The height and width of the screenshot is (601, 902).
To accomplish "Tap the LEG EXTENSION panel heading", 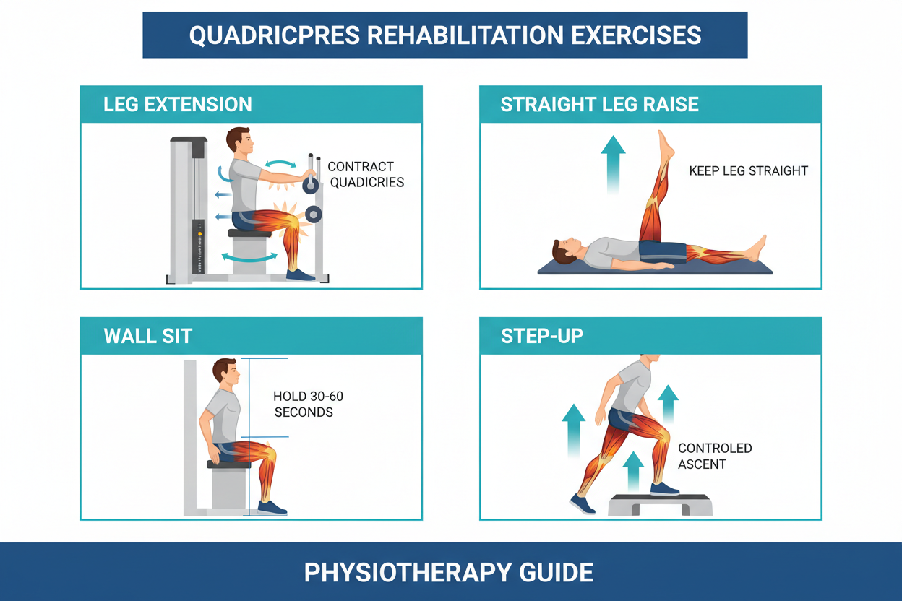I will click(177, 104).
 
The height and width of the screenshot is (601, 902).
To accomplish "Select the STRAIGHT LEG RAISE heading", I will click(599, 104).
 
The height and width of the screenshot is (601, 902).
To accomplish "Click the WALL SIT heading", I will click(147, 336).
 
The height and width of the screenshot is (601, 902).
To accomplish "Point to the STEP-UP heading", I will click(541, 336).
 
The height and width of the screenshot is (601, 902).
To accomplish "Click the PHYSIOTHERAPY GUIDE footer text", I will click(449, 573).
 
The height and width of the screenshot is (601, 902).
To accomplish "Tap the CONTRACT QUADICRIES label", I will click(365, 175).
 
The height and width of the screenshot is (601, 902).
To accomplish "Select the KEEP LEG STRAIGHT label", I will click(748, 171).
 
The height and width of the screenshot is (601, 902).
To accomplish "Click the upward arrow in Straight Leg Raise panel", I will click(613, 163).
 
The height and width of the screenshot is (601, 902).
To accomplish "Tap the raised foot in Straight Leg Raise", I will click(665, 144).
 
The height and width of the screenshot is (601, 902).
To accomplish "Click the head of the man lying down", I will click(564, 251).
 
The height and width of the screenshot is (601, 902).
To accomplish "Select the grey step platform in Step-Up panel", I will click(660, 503).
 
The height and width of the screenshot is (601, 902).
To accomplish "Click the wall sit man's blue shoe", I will click(272, 507).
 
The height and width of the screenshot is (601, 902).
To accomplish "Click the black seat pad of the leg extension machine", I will click(249, 233).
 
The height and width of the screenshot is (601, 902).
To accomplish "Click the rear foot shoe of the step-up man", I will click(582, 503).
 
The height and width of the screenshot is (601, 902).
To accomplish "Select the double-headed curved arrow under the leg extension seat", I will click(249, 256).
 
